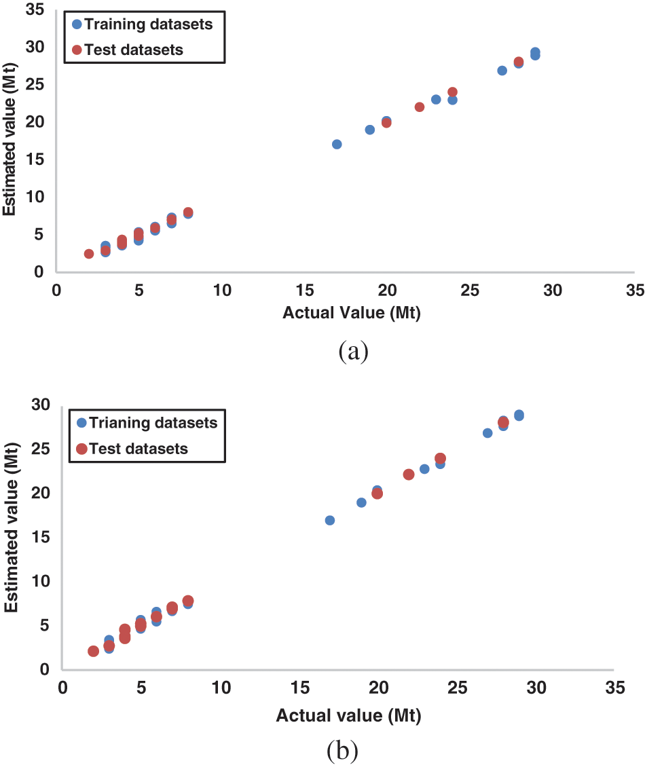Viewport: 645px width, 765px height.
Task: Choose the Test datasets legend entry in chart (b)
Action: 132,449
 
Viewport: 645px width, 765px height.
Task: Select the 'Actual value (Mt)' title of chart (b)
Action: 348,715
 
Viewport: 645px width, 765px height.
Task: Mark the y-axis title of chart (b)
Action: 11,537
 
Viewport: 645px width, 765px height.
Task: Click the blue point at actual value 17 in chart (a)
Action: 337,144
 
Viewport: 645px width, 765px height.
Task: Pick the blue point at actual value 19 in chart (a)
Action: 370,130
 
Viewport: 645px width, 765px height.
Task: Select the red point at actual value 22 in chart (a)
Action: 420,107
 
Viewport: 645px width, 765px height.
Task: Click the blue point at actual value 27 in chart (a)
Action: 502,71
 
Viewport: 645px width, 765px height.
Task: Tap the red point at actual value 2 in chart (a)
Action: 89,254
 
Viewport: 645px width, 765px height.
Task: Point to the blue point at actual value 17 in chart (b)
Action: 330,520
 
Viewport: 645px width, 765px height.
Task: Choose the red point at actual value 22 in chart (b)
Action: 409,474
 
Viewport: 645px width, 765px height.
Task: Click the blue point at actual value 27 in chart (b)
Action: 487,433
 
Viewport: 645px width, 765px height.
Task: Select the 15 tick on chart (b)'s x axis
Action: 299,688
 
